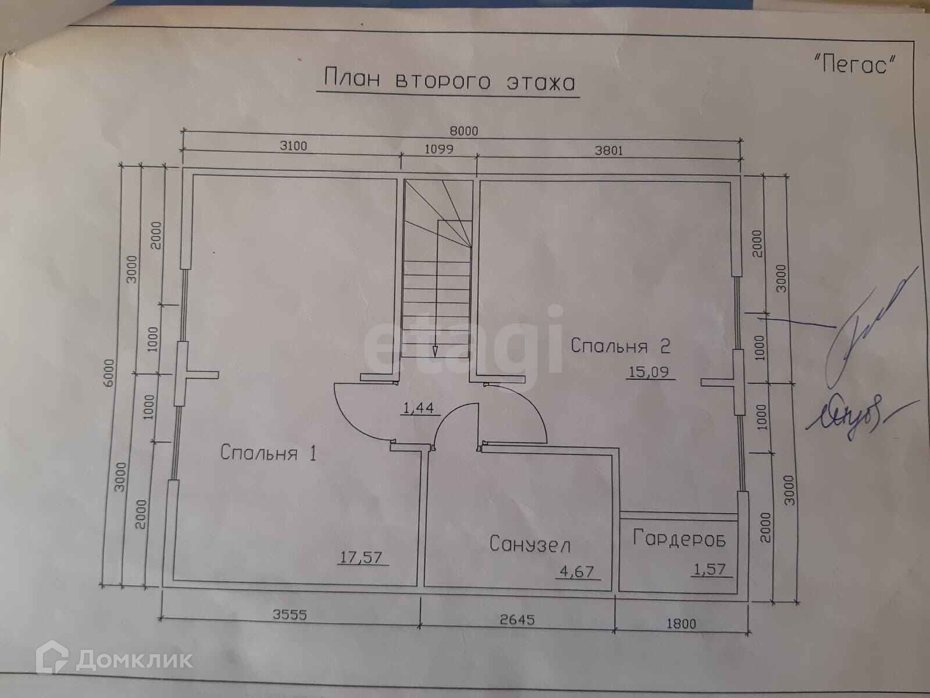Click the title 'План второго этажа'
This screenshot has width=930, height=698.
(x=448, y=81)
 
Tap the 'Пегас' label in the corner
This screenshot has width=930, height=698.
(x=854, y=63)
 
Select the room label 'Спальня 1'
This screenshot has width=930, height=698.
(x=268, y=453)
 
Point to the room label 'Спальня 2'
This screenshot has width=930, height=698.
(x=620, y=346)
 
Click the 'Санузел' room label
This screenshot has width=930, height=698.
(x=529, y=544)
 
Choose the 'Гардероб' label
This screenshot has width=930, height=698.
(x=679, y=538)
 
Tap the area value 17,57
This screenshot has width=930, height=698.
(x=362, y=557)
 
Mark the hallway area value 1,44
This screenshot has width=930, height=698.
(x=418, y=408)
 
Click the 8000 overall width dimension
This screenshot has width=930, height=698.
(x=464, y=131)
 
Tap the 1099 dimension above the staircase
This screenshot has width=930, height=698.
(x=439, y=149)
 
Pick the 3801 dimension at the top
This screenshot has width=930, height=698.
(x=608, y=151)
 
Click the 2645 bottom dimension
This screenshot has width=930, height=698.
(x=517, y=620)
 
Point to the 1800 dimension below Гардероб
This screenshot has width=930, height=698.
(x=680, y=624)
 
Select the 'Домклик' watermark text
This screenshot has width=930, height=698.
(x=134, y=660)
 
